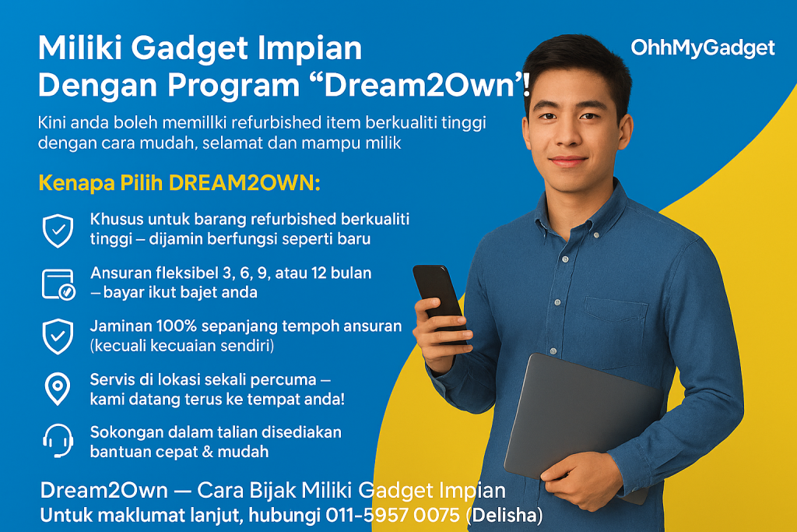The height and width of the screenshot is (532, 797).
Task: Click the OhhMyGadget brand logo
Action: pos(703,48)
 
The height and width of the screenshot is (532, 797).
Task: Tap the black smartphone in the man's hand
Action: pos(438,300)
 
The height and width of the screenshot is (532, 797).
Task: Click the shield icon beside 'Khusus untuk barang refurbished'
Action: pos(58,231)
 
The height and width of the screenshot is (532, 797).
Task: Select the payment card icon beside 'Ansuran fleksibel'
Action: pos(58,284)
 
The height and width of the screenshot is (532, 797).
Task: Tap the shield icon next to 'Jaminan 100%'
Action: pos(58,336)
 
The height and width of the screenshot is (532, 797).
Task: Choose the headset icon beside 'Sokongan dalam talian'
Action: pos(58,440)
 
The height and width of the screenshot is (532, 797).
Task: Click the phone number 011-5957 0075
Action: pos(392,515)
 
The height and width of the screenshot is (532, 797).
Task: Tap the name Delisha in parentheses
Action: pos(504,515)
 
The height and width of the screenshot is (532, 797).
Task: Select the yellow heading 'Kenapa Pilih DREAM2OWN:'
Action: pos(180,183)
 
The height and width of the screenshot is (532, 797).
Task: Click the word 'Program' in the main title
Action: pos(233,86)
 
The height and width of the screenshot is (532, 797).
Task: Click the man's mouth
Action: pos(567,161)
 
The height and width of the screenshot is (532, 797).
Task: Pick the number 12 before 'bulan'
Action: pos(318,273)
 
